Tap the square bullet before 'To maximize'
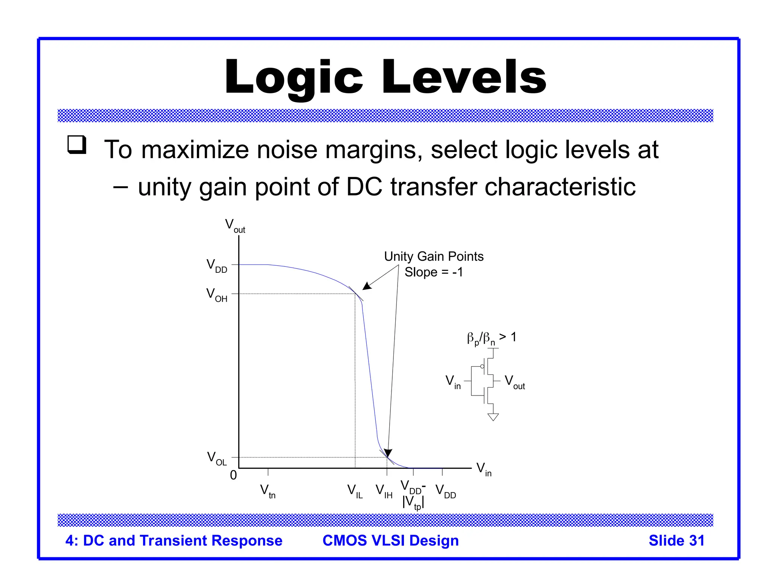click(x=77, y=145)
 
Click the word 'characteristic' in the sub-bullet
click(x=560, y=187)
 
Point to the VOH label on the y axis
click(x=217, y=295)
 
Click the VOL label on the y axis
click(x=217, y=458)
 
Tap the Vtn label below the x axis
click(x=268, y=491)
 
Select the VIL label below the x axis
click(x=355, y=491)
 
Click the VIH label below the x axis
click(x=384, y=491)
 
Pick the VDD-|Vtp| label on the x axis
click(x=413, y=495)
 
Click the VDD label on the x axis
click(x=445, y=491)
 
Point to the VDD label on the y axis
click(x=217, y=266)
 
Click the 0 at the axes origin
click(x=233, y=475)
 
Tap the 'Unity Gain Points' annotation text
click(x=434, y=257)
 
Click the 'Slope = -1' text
click(x=434, y=272)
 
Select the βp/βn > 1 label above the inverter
click(x=491, y=338)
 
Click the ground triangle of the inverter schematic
click(x=493, y=417)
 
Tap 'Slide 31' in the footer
click(x=676, y=541)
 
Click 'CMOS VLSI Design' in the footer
click(x=390, y=541)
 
